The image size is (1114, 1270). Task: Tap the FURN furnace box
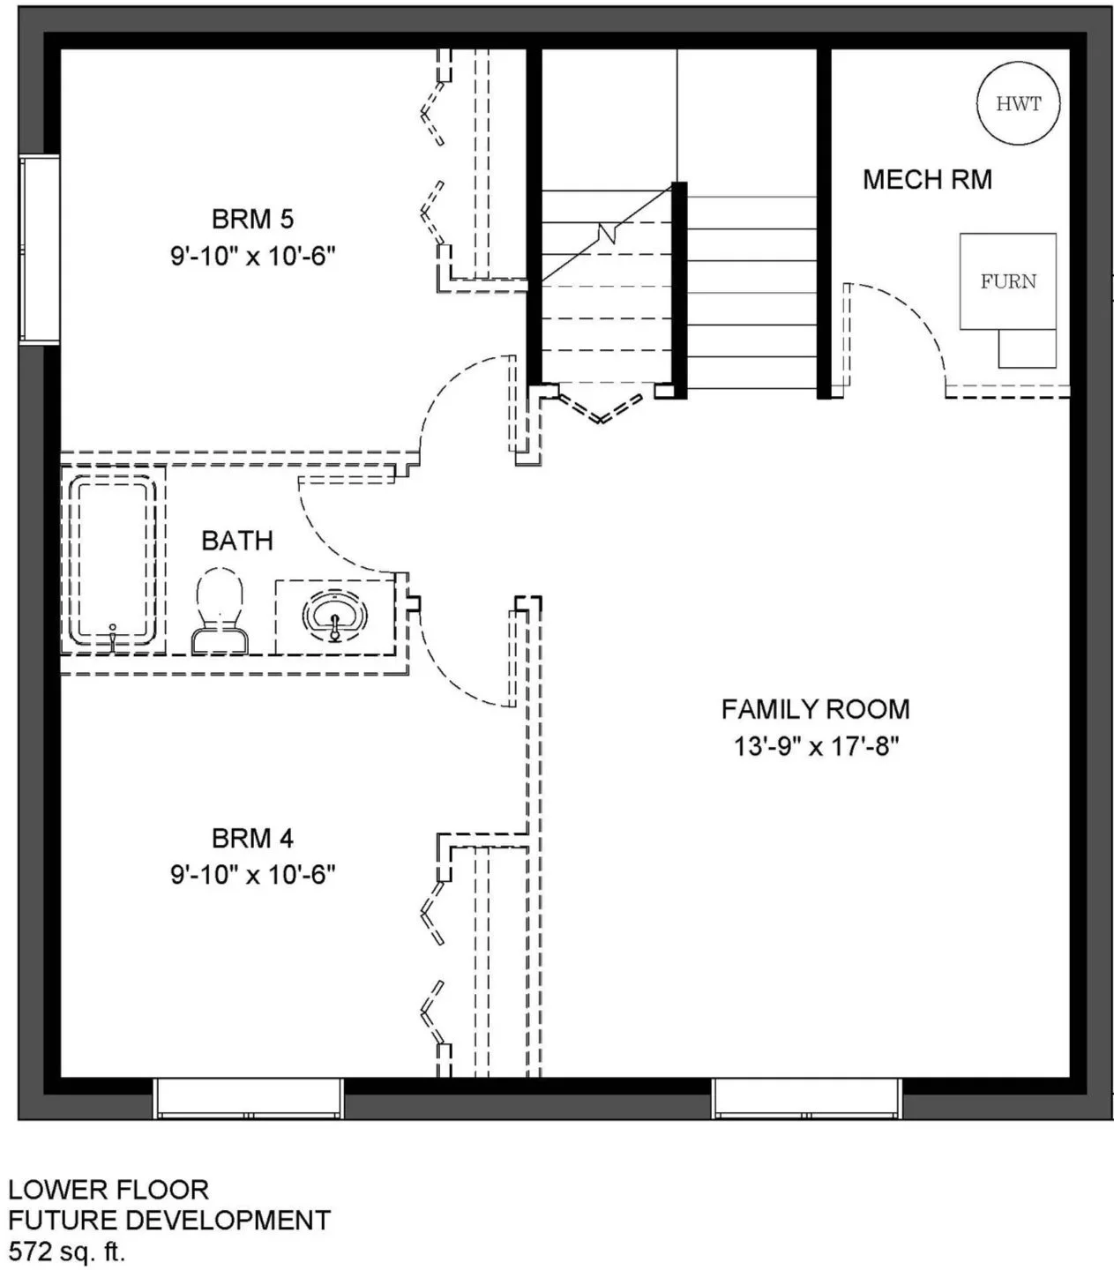coord(1007,280)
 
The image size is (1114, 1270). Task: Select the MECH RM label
coord(927,180)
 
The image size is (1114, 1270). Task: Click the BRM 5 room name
coord(252,219)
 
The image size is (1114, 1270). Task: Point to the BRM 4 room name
coord(252,838)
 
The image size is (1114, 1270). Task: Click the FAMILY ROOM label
coord(816,709)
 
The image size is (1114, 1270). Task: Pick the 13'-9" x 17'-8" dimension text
coord(816,746)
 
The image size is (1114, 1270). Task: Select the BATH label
coord(237,541)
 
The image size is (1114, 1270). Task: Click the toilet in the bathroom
coord(220,610)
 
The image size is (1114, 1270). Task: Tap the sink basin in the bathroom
coord(335,616)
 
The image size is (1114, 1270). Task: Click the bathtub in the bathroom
coord(113,560)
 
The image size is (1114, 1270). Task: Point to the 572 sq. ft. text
coord(67,1251)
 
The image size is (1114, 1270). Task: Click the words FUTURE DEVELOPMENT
coord(169,1220)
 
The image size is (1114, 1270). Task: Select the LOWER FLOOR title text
coord(108,1189)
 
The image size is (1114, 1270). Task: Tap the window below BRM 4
coord(248,1098)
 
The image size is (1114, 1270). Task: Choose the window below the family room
coord(806,1098)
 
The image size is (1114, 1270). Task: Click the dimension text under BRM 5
coord(252,256)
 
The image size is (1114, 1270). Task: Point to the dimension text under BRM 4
coord(252,875)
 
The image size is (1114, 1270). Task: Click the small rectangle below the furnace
coord(1027,348)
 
